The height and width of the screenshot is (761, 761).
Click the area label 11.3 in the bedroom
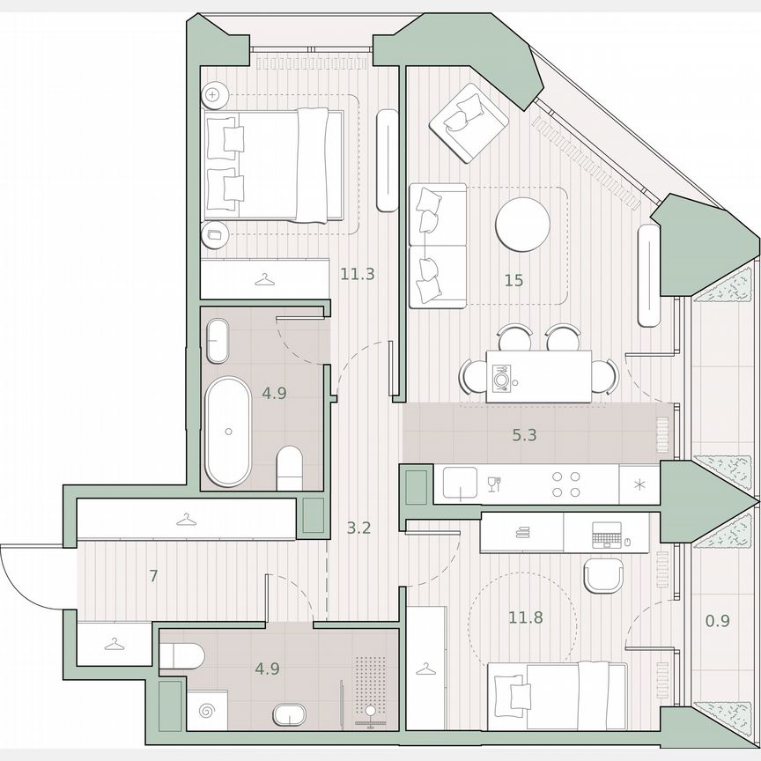pyautogui.click(x=358, y=274)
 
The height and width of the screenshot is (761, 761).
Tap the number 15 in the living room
pyautogui.click(x=514, y=281)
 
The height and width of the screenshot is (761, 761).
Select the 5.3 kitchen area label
pyautogui.click(x=525, y=433)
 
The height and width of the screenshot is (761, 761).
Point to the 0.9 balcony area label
pyautogui.click(x=718, y=620)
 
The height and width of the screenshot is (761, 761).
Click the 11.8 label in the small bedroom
pyautogui.click(x=525, y=617)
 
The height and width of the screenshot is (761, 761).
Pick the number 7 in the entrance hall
pyautogui.click(x=153, y=577)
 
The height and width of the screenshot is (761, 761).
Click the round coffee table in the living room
pyautogui.click(x=522, y=225)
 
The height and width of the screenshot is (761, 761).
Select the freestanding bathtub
pyautogui.click(x=229, y=431)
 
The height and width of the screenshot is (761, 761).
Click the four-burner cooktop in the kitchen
pyautogui.click(x=565, y=484)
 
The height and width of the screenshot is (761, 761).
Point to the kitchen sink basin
pyautogui.click(x=460, y=484)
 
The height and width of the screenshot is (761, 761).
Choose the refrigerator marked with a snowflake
pyautogui.click(x=638, y=484)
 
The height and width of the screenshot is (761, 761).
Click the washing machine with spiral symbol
pyautogui.click(x=209, y=708)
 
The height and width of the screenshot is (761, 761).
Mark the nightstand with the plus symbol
pyautogui.click(x=214, y=93)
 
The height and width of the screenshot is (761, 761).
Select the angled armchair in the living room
pyautogui.click(x=468, y=122)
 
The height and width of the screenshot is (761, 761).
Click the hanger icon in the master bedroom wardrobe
pyautogui.click(x=262, y=280)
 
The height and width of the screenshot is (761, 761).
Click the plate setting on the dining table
pyautogui.click(x=501, y=378)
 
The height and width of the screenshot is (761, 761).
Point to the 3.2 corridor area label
pyautogui.click(x=359, y=528)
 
